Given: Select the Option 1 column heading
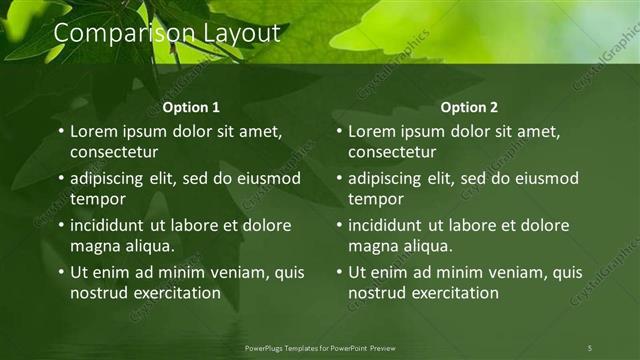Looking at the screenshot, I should click(x=191, y=107).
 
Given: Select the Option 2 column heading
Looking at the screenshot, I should click(x=468, y=107).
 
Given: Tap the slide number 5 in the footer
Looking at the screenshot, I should click(x=590, y=347).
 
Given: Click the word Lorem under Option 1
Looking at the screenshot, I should click(x=94, y=131).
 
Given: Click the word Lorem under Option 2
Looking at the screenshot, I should click(x=372, y=131).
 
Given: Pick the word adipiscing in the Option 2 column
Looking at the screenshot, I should click(x=391, y=178).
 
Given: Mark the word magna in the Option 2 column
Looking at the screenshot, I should click(x=372, y=246).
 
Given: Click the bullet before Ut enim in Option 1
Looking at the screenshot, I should click(x=60, y=272).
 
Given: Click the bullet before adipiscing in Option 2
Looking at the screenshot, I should click(x=338, y=178).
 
